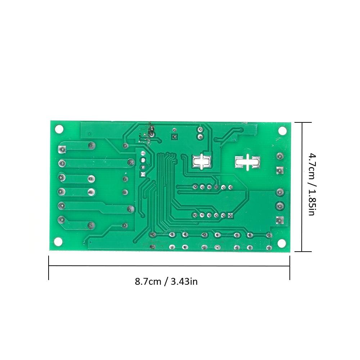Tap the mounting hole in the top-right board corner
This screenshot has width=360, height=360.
[282, 131]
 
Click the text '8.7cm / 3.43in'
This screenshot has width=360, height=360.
[166, 281]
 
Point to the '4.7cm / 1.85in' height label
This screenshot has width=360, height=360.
[311, 184]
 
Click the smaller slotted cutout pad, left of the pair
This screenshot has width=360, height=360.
[202, 162]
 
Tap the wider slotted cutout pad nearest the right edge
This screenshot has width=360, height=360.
[248, 162]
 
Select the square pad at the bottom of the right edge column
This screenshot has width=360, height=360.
[279, 220]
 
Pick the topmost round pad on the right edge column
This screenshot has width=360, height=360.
[279, 156]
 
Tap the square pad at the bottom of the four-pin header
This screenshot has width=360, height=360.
[143, 174]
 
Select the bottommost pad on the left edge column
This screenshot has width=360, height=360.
[62, 220]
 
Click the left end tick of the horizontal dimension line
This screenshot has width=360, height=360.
[49, 267]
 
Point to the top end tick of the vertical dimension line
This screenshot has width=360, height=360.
[302, 122]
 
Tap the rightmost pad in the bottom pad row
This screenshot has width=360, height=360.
[268, 248]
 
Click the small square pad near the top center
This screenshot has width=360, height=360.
[175, 137]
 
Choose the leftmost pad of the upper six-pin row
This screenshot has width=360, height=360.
[195, 187]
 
